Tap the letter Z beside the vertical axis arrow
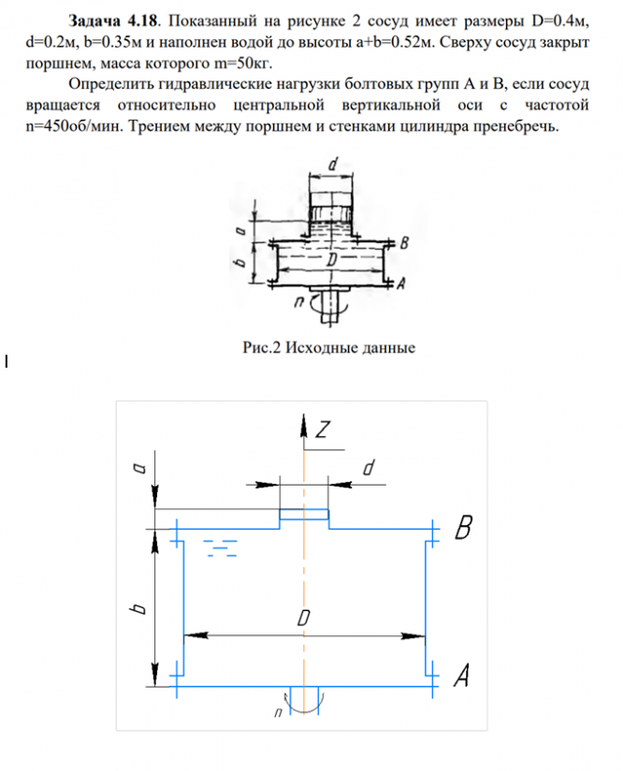pyautogui.click(x=323, y=430)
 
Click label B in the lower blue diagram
pyautogui.click(x=462, y=531)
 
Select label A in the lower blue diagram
pyautogui.click(x=461, y=675)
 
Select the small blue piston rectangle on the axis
pyautogui.click(x=305, y=514)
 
